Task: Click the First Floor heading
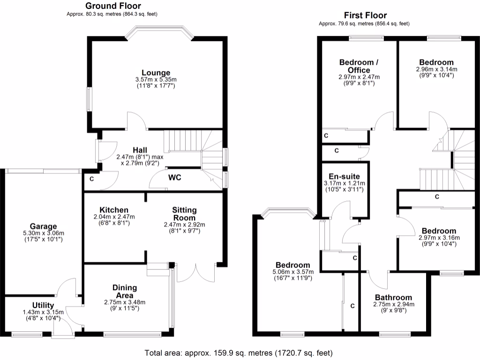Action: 365,15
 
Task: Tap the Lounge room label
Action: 156,73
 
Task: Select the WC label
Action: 175,178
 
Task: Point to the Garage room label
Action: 44,226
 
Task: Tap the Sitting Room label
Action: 184,214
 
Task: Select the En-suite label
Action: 345,176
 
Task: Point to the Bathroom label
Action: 393,297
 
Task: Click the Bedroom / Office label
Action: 359,66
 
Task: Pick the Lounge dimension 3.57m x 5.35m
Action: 156,80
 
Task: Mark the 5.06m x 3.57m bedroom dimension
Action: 292,271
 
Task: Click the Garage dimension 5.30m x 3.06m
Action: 44,233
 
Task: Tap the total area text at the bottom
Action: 239,352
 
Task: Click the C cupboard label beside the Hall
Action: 91,179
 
